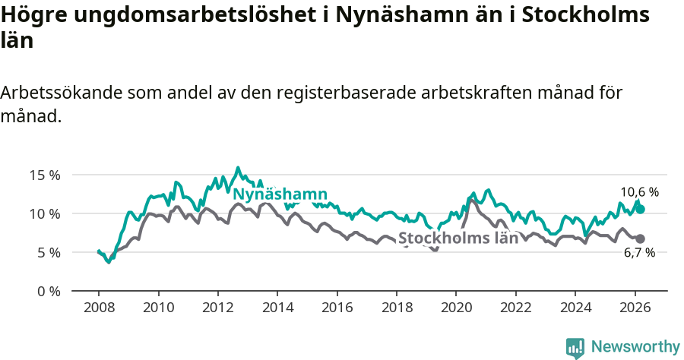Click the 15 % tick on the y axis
(x=45, y=175)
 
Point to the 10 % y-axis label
(x=45, y=213)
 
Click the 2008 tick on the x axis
(x=99, y=308)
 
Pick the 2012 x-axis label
(x=217, y=308)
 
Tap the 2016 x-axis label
(x=337, y=308)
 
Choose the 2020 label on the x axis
(x=455, y=308)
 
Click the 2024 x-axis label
(x=575, y=308)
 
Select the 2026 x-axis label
(x=634, y=308)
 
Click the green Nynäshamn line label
(x=280, y=194)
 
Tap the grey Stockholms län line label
(x=458, y=237)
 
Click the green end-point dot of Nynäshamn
(x=641, y=209)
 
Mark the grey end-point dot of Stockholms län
(x=641, y=238)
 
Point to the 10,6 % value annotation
(x=639, y=192)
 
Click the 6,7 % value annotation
(x=639, y=254)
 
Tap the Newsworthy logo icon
(x=575, y=348)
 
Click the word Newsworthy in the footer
(x=635, y=347)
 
